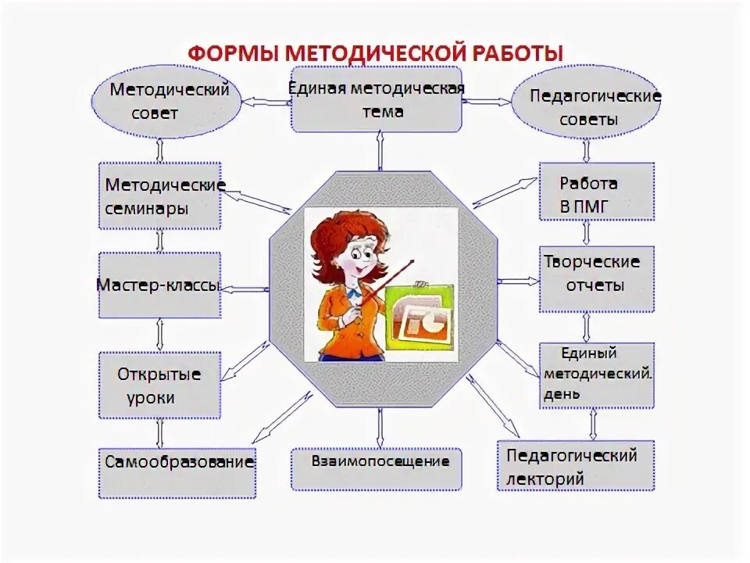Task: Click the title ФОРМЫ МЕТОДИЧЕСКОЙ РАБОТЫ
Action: click(x=375, y=53)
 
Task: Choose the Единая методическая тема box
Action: click(x=377, y=100)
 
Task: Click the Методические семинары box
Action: click(x=160, y=195)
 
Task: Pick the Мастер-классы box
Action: click(x=160, y=285)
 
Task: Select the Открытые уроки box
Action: click(x=159, y=385)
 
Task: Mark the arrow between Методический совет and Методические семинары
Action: click(x=160, y=149)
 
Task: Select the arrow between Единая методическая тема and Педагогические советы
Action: click(x=485, y=101)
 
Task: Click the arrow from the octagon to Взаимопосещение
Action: click(x=380, y=426)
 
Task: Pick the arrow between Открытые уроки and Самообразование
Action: click(x=160, y=432)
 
